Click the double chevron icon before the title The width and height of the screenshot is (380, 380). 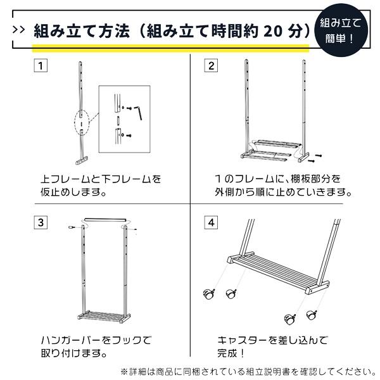tap(19, 30)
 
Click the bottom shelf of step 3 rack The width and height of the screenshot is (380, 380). tap(105, 313)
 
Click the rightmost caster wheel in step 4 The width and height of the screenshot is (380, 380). tap(311, 315)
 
